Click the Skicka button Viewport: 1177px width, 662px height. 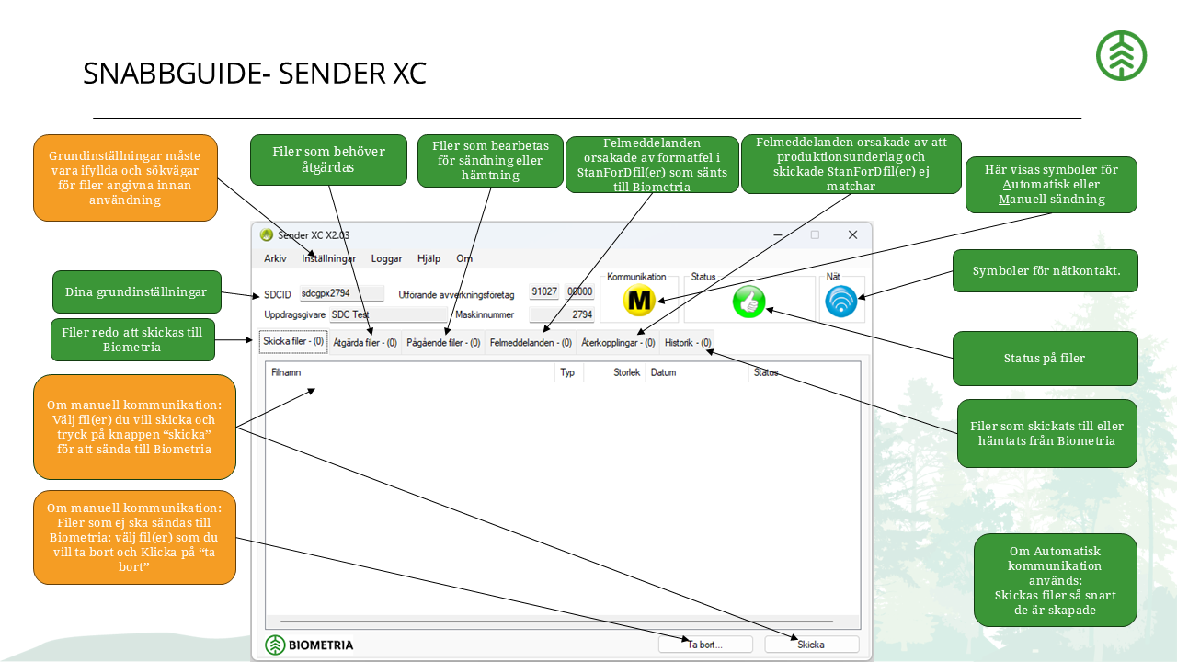811,645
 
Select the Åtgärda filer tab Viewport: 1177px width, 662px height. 365,343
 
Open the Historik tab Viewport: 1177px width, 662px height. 687,343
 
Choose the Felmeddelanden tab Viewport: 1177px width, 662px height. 531,343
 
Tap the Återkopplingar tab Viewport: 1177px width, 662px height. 618,343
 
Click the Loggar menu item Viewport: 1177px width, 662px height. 386,258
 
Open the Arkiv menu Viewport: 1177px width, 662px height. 275,258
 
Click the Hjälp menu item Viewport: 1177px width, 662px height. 429,258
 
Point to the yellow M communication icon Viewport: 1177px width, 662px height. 639,301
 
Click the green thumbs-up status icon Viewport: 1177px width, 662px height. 748,302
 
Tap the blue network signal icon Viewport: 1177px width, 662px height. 840,302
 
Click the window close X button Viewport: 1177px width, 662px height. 852,234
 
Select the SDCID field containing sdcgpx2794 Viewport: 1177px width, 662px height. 341,293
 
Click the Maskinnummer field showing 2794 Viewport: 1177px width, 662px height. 562,314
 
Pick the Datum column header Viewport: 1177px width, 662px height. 663,372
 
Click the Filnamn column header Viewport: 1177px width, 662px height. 286,372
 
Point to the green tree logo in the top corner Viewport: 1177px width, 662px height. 1121,56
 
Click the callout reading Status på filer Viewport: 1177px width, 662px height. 1046,359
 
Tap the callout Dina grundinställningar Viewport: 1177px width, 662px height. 137,292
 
